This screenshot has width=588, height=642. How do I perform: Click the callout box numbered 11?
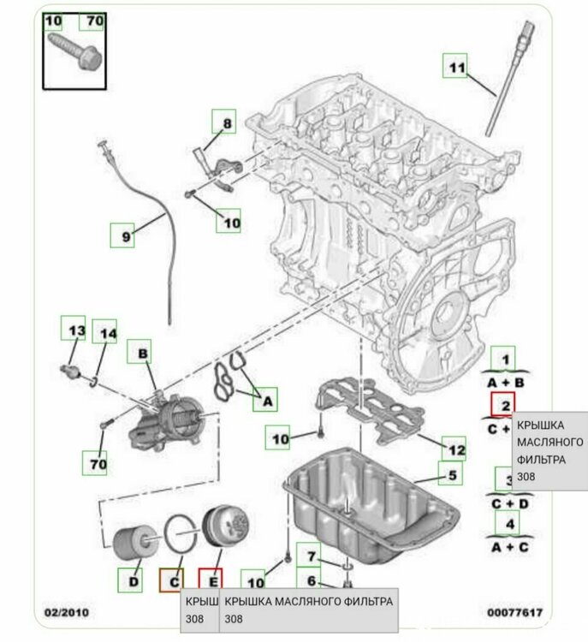[x=456, y=66]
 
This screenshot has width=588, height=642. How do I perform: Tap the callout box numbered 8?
[x=228, y=123]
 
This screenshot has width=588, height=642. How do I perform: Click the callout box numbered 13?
[x=74, y=330]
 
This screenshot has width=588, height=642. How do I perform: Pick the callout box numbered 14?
[x=107, y=333]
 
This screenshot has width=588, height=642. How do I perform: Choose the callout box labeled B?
[x=142, y=353]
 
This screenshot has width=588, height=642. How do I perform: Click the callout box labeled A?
[x=266, y=399]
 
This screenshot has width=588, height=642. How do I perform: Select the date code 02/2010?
[x=65, y=612]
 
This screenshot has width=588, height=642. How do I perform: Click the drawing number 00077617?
[x=514, y=612]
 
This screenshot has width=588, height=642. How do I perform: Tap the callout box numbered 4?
[x=510, y=523]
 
